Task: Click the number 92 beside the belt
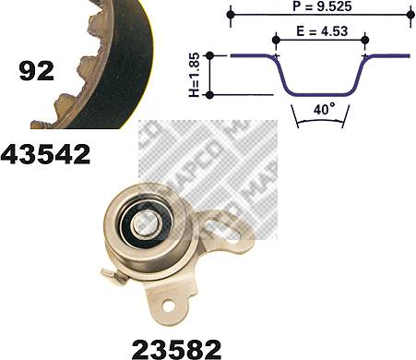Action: (36, 71)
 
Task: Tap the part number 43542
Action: (45, 153)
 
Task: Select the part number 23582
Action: (177, 350)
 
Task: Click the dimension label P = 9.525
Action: (322, 6)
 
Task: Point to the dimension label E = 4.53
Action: (322, 31)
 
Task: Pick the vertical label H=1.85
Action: (195, 75)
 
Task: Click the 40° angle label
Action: (324, 109)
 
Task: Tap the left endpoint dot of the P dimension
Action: (231, 15)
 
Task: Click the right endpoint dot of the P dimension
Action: (410, 15)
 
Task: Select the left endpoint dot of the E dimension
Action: (276, 40)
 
